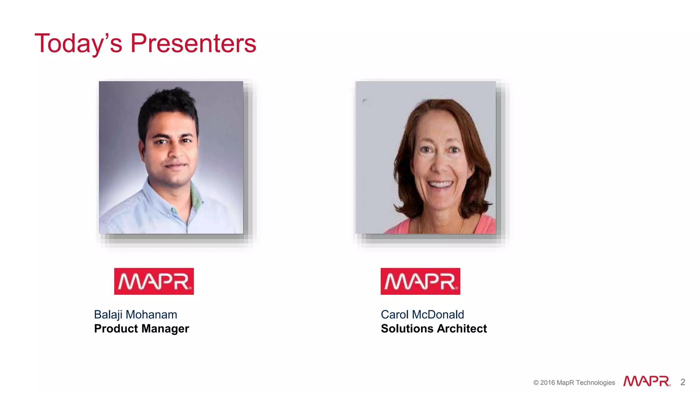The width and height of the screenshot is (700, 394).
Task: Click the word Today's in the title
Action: [78, 43]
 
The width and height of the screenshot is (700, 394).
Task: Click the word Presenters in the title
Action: [193, 43]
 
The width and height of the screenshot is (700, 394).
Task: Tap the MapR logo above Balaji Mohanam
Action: [154, 281]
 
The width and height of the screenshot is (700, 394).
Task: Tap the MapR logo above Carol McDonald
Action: [420, 281]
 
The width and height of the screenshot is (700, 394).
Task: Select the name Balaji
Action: [108, 315]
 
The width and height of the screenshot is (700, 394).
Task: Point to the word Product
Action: [116, 329]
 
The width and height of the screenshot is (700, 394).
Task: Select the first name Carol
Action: [394, 315]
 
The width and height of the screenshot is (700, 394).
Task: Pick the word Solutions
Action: [407, 329]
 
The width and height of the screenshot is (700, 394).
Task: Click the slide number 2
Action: [683, 382]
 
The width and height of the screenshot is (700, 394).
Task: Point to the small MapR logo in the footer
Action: [647, 381]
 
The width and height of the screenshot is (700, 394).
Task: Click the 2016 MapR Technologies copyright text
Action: [574, 383]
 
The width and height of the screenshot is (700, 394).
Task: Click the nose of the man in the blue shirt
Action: [175, 152]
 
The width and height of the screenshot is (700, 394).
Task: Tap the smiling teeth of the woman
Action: [441, 185]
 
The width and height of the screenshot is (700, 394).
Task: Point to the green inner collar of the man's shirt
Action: [196, 198]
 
